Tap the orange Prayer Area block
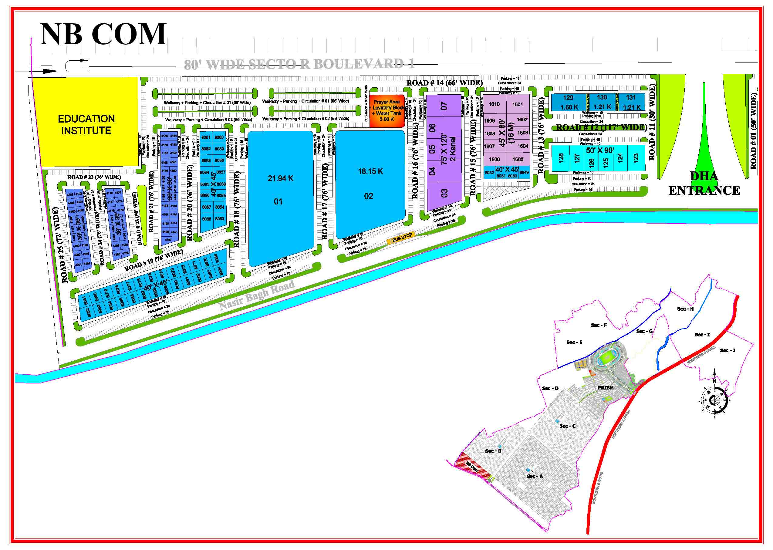pyautogui.click(x=387, y=110)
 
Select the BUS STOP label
pyautogui.click(x=402, y=238)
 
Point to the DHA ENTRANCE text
pyautogui.click(x=704, y=184)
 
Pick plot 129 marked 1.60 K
pyautogui.click(x=569, y=102)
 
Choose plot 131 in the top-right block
pyautogui.click(x=631, y=102)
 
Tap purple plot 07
pyautogui.click(x=444, y=106)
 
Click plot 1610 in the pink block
pyautogui.click(x=494, y=104)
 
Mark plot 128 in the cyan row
pyautogui.click(x=561, y=158)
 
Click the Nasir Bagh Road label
pyautogui.click(x=257, y=295)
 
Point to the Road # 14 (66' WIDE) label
pyautogui.click(x=444, y=83)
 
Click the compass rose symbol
pyautogui.click(x=714, y=400)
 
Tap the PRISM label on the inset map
pyautogui.click(x=606, y=388)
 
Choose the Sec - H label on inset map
pyautogui.click(x=685, y=309)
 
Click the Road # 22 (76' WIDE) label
pyautogui.click(x=94, y=177)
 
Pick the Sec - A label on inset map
pyautogui.click(x=535, y=477)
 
